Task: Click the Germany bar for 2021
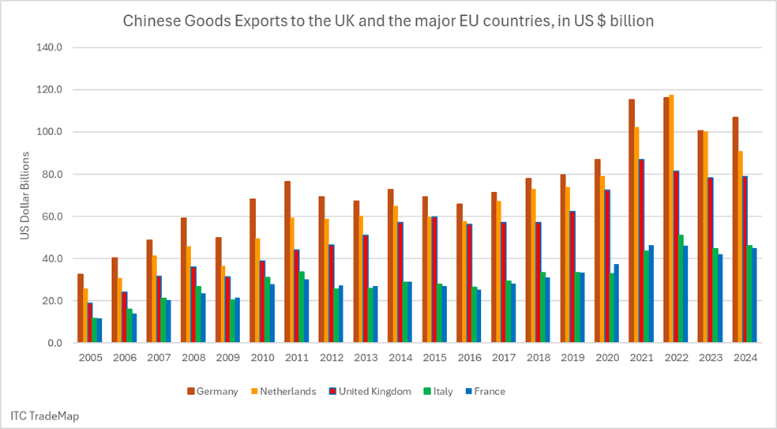click(x=632, y=221)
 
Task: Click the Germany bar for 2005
click(x=81, y=308)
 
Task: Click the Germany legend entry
click(x=212, y=391)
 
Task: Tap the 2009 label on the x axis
click(x=229, y=357)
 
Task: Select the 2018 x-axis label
click(x=539, y=357)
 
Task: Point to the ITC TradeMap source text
click(x=45, y=415)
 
